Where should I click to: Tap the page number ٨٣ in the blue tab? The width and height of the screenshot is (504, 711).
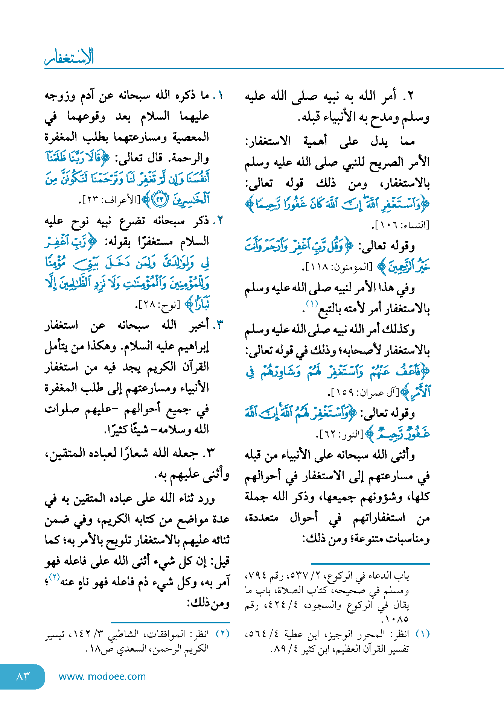coord(23,677)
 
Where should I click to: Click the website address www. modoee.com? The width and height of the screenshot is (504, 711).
coord(102,677)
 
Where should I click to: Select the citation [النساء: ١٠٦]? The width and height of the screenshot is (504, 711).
coord(400,225)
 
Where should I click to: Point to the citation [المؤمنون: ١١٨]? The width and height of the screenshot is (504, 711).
coord(337,267)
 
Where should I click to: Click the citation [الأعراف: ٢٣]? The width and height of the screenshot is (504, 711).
coord(110,200)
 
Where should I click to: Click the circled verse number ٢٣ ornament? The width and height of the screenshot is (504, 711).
coord(160,199)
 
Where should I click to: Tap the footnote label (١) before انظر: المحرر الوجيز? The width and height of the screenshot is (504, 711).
coord(422,634)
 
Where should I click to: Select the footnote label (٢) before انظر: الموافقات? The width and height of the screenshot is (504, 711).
coord(222,634)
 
